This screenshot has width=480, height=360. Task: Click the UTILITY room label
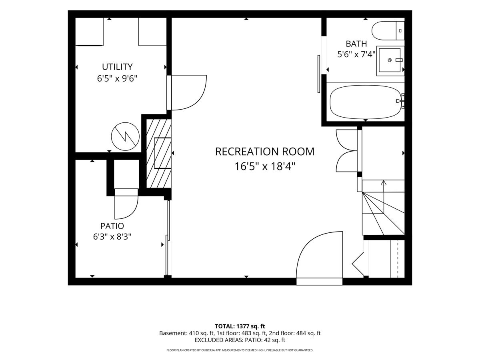117,67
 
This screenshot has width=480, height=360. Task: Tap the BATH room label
356,44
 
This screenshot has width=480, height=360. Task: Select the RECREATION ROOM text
265,152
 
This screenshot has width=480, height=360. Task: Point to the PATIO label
112,226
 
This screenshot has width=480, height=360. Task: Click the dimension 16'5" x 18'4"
265,166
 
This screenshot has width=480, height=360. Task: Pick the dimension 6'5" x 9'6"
117,78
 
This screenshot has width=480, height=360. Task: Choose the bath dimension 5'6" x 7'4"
356,54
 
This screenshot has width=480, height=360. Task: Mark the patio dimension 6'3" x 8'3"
112,236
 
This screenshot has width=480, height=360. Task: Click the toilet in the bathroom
388,31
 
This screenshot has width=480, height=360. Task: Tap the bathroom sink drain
390,60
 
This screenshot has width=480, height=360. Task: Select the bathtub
366,102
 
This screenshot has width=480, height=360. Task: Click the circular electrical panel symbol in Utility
125,136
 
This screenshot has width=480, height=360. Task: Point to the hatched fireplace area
158,153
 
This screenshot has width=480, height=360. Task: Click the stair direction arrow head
383,183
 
